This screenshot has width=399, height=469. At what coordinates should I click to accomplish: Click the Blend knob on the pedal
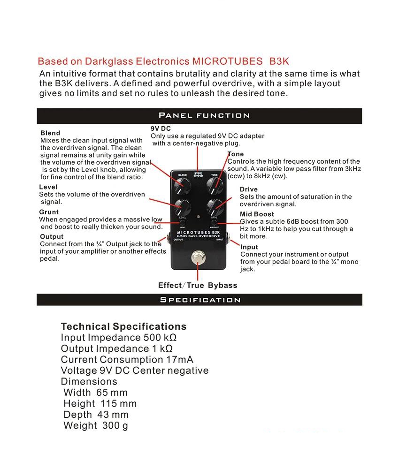(x=181, y=186)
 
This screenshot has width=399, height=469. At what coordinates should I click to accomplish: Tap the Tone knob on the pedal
(x=215, y=186)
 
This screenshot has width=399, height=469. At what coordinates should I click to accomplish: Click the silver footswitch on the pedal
(x=198, y=258)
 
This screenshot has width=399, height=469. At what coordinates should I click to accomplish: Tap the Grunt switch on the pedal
(x=183, y=222)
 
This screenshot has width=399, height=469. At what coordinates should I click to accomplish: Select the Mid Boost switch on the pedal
(x=214, y=222)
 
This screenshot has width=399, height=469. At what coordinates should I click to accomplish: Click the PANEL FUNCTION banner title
(x=204, y=115)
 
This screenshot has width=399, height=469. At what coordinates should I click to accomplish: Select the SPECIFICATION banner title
(x=200, y=300)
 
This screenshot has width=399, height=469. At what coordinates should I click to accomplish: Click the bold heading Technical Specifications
(x=123, y=326)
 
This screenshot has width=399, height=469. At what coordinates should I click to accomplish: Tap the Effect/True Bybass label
(x=198, y=285)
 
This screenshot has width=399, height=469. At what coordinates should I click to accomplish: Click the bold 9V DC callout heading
(x=161, y=129)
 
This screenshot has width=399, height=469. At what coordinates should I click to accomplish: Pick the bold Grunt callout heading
(x=49, y=212)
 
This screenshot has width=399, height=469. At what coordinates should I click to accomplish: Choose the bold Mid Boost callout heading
(x=257, y=214)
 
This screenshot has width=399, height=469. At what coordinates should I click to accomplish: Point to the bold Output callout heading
(x=52, y=237)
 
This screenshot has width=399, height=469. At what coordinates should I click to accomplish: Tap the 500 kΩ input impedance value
(x=160, y=338)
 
